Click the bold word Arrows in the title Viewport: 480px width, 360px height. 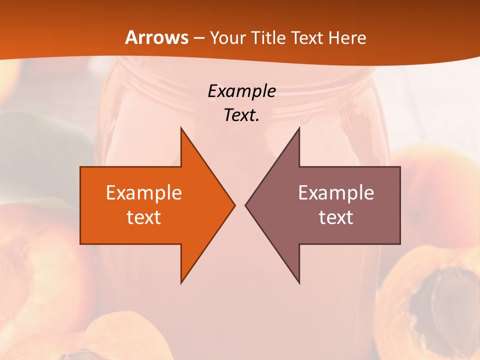point(156,37)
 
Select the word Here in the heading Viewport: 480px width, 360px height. point(347,37)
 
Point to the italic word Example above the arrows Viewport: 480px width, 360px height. point(241,91)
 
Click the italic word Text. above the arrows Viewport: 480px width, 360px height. point(241,115)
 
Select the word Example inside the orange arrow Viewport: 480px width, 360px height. point(144,192)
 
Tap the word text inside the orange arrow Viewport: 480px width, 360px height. point(144,217)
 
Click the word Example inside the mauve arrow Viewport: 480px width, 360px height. point(336,192)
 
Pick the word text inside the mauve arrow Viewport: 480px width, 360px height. point(336,217)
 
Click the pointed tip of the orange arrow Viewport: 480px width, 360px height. point(234,205)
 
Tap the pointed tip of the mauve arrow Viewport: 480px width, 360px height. point(246,205)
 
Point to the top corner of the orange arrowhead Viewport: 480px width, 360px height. point(181,128)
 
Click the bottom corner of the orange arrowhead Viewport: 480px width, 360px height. point(181,282)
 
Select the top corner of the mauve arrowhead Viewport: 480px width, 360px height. point(299,128)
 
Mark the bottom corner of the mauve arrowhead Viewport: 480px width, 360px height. point(299,282)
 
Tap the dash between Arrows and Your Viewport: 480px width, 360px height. point(198,38)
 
